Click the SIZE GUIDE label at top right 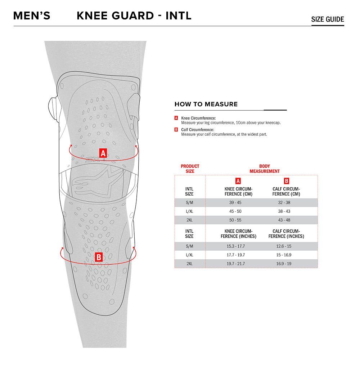point(327,19)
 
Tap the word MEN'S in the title point(32,16)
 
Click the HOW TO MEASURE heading point(206,104)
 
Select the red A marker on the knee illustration point(103,153)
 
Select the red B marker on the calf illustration point(99,257)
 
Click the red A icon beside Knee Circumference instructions point(176,118)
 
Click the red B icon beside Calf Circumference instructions point(176,130)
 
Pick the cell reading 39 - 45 point(235,202)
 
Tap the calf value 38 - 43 point(284,211)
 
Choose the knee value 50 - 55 point(235,220)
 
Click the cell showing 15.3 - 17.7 point(235,246)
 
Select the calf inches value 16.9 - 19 point(284,264)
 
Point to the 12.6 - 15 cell point(284,246)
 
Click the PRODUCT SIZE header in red point(190,169)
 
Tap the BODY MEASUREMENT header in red point(265,169)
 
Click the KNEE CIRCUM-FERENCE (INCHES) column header point(238,234)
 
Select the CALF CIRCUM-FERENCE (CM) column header point(286,192)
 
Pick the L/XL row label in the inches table point(189,255)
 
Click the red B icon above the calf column point(286,181)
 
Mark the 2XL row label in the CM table point(189,220)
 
